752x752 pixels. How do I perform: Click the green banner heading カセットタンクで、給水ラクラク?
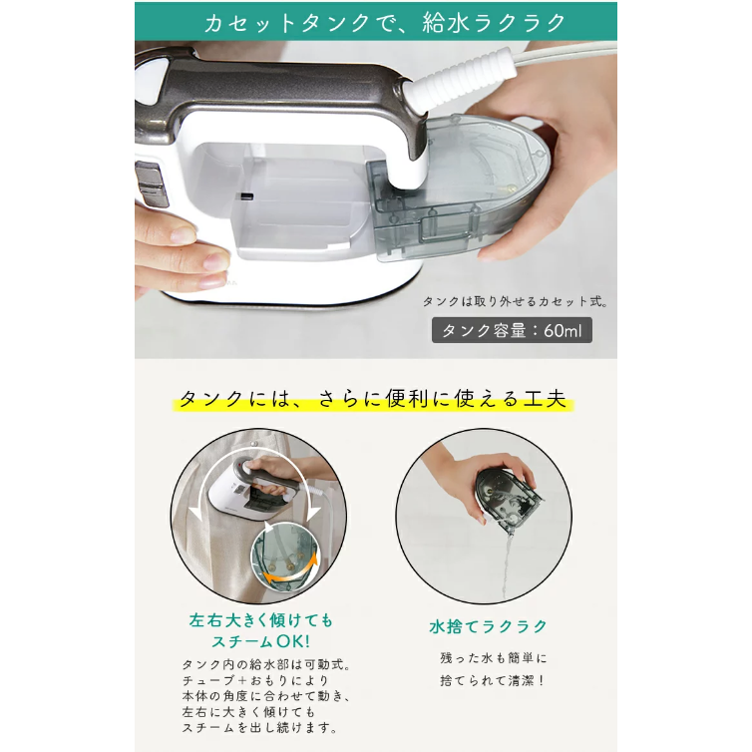385,23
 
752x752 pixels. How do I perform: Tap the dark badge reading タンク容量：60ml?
512,330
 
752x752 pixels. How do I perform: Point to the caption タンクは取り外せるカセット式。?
516,301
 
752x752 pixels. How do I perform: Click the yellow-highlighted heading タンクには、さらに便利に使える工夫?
373,399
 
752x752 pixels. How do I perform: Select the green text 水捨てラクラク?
489,626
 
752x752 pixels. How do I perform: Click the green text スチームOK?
261,641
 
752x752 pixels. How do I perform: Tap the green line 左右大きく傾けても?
261,620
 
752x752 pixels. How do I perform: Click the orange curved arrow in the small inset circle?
291,572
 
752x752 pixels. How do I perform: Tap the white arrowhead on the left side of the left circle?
196,514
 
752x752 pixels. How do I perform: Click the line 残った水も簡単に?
494,658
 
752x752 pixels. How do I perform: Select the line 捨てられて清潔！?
493,680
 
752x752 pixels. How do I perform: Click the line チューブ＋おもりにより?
255,680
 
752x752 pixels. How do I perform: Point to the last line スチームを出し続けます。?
260,727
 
